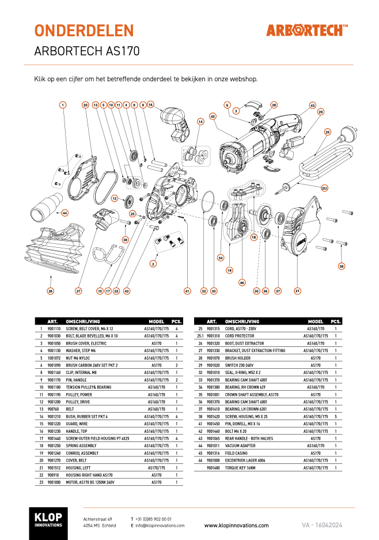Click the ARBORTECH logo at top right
tap(306, 30)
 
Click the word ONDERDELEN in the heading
tap(84, 31)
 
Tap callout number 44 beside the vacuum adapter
tap(65, 213)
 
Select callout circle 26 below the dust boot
tap(51, 291)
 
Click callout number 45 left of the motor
tap(213, 116)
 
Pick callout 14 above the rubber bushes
tap(200, 122)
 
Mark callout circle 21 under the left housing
tap(297, 291)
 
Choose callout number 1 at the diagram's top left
tap(63, 105)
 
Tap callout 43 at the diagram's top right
tap(313, 105)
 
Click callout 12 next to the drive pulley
tap(115, 198)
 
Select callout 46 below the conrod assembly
tap(242, 282)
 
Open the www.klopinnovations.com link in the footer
tap(236, 526)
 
